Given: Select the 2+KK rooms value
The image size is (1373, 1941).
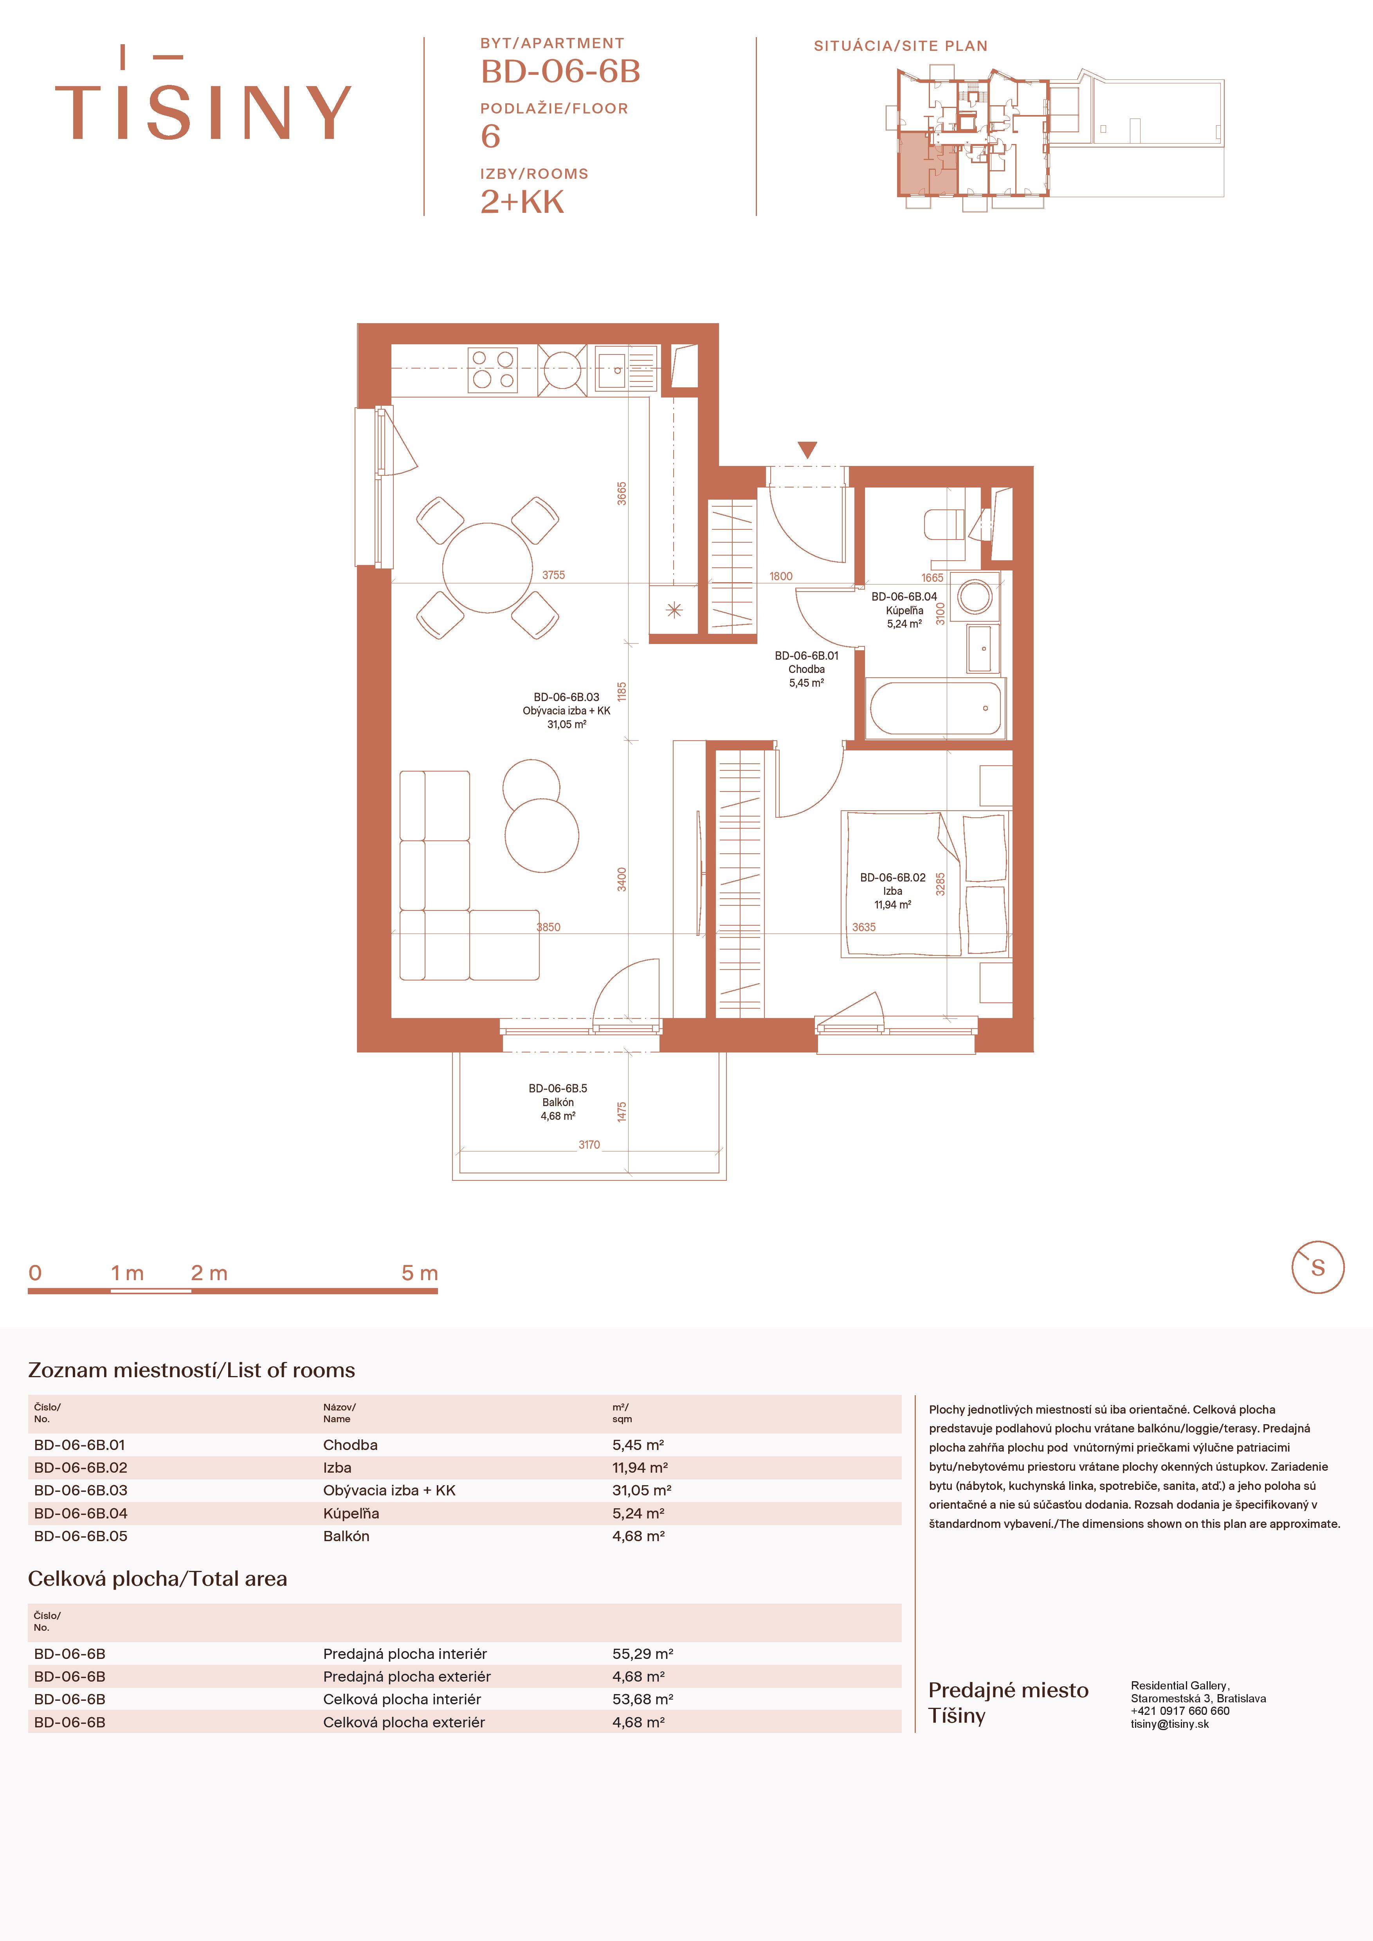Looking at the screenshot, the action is point(522,202).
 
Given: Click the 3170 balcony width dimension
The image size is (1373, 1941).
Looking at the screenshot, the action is point(589,1145).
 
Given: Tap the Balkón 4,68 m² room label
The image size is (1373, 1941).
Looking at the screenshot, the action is point(558,1103).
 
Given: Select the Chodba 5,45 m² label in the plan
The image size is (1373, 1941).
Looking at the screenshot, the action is point(807,669).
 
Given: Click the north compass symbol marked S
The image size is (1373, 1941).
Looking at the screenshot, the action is point(1317,1267).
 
